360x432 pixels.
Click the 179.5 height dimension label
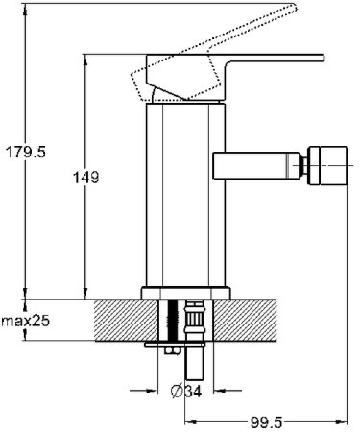coord(26,152)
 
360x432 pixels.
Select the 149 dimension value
coord(86,177)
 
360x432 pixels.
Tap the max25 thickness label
coord(26,321)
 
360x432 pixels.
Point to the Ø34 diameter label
coord(186,391)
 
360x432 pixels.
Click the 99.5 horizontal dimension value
coord(266,422)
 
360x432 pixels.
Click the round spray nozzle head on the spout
coord(327,166)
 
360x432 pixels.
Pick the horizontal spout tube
coord(256,165)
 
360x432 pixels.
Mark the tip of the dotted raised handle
coord(296,6)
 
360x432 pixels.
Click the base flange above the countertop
coord(186,293)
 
